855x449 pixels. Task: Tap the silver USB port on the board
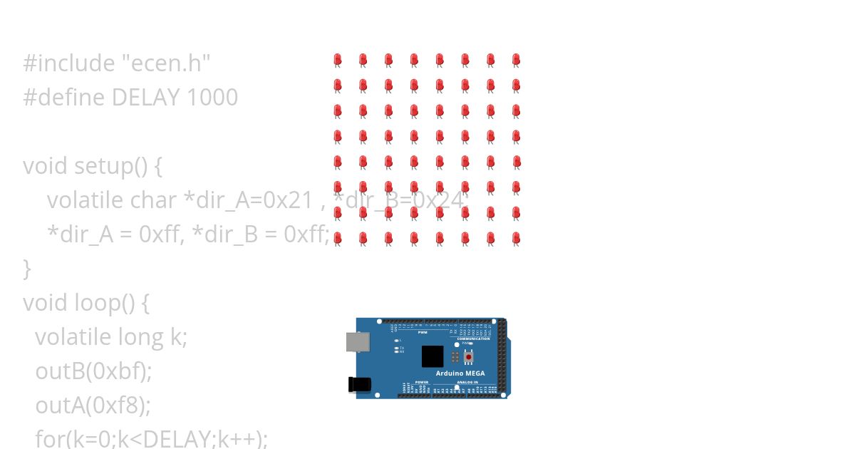(358, 341)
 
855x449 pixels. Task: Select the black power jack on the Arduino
(359, 384)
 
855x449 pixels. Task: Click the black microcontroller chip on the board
(432, 356)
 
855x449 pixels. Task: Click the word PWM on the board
(423, 332)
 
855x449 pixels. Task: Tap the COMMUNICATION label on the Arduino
(473, 339)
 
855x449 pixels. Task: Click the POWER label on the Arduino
(422, 382)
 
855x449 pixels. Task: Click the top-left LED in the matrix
(338, 60)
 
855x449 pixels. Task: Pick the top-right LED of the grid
(516, 60)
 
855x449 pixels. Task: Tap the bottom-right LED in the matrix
(516, 238)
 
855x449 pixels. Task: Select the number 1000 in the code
(212, 98)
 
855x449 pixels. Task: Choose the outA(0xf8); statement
(93, 406)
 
